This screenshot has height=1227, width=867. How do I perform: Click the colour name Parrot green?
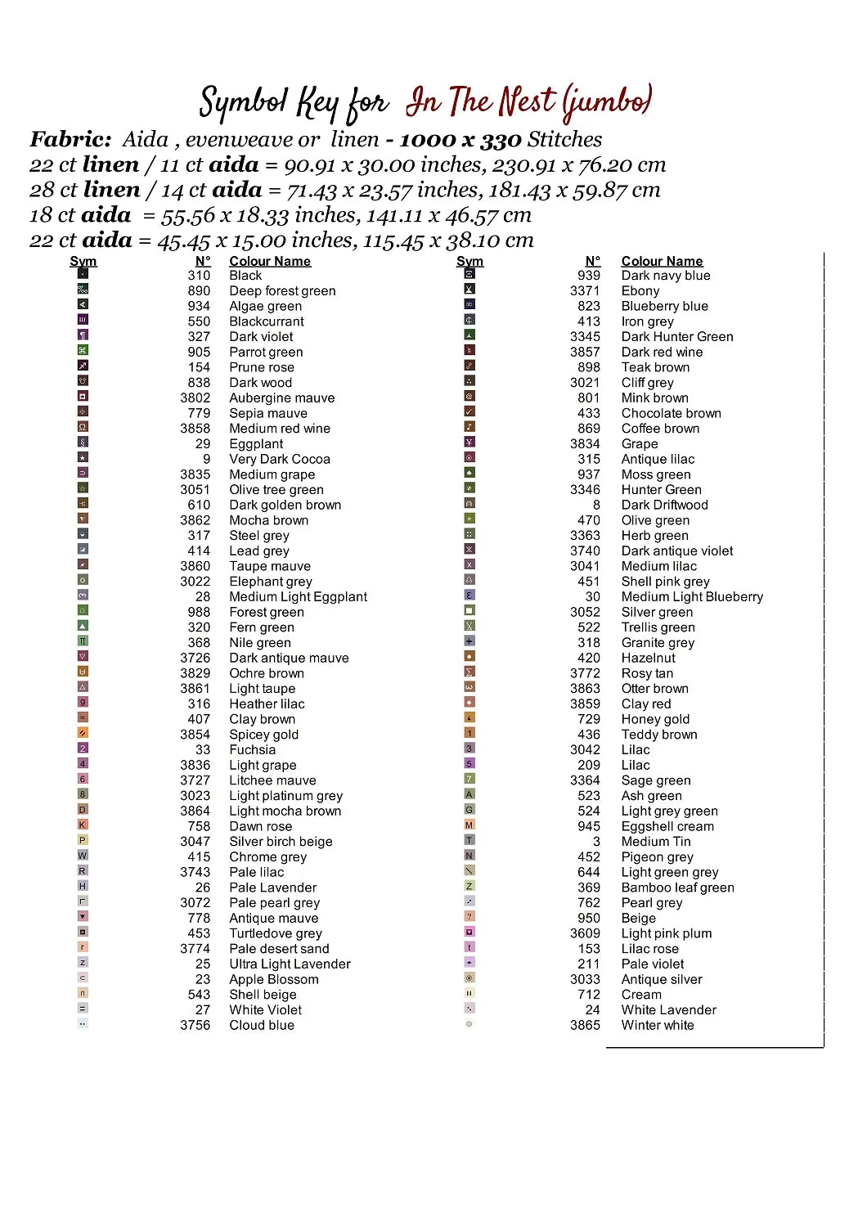click(x=266, y=352)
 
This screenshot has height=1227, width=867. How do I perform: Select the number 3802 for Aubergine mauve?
click(x=195, y=398)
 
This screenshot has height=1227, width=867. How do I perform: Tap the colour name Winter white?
click(x=658, y=1025)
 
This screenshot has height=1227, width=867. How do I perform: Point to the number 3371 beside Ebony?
click(x=585, y=290)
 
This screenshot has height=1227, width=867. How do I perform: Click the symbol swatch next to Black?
click(x=83, y=274)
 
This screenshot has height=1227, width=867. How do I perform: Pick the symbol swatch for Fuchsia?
click(x=83, y=748)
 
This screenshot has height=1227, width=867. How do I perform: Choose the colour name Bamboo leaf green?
click(x=677, y=888)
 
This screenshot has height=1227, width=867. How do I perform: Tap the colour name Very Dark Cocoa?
click(x=280, y=459)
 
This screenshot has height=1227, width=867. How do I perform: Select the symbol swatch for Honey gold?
click(x=469, y=717)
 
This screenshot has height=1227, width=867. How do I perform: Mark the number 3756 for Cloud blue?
click(x=195, y=1025)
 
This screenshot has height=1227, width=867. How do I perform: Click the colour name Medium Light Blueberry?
click(x=692, y=596)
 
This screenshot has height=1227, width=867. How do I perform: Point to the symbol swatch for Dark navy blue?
click(x=469, y=274)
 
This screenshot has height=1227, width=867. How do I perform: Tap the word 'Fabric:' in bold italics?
click(x=70, y=139)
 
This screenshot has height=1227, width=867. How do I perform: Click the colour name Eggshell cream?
click(x=667, y=826)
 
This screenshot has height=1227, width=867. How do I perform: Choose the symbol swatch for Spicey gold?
click(x=83, y=733)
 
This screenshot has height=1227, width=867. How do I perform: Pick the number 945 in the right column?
click(x=589, y=826)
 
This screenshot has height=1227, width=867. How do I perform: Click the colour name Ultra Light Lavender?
click(x=290, y=964)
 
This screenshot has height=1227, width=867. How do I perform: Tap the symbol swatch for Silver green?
click(x=469, y=610)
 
